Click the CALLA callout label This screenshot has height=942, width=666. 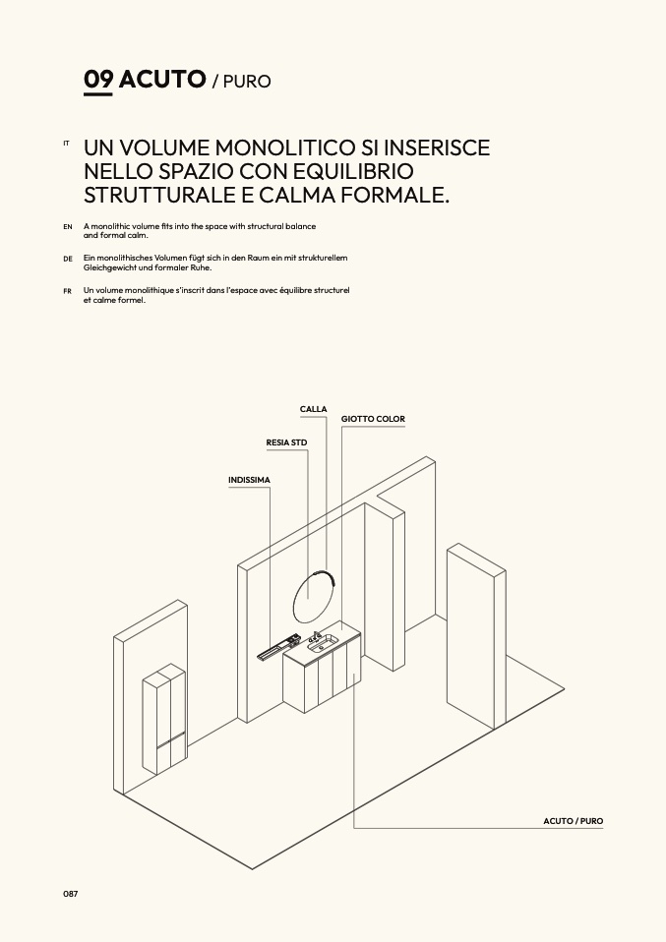pyautogui.click(x=313, y=409)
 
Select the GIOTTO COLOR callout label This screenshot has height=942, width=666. pyautogui.click(x=373, y=419)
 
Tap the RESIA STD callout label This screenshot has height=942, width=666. pyautogui.click(x=286, y=442)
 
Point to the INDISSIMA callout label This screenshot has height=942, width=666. pyautogui.click(x=249, y=480)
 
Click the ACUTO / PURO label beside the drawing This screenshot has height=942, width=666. pyautogui.click(x=573, y=821)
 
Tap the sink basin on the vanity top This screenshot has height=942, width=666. pyautogui.click(x=324, y=644)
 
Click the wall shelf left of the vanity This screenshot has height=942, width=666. pyautogui.click(x=277, y=646)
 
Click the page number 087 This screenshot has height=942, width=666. pyautogui.click(x=70, y=894)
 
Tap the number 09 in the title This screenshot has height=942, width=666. pyautogui.click(x=98, y=80)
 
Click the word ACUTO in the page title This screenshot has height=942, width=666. pyautogui.click(x=162, y=80)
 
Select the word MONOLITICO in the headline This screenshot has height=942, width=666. pyautogui.click(x=285, y=147)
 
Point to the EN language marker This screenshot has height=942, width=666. pyautogui.click(x=68, y=227)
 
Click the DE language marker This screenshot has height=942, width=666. pyautogui.click(x=68, y=259)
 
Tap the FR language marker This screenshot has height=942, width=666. pyautogui.click(x=67, y=291)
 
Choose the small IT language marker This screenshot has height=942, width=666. pyautogui.click(x=66, y=144)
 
